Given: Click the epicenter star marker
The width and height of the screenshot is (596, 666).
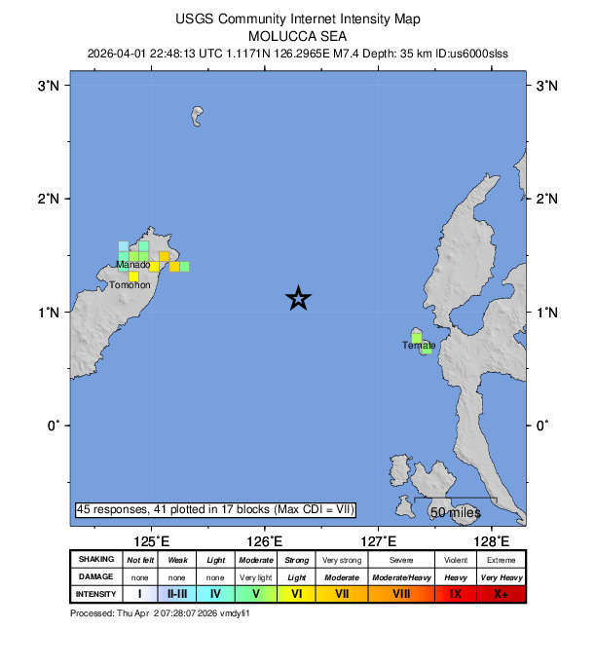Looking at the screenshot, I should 299,299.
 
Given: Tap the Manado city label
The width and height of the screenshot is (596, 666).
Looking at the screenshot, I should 132,265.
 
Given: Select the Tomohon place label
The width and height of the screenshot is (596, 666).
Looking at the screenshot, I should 130,285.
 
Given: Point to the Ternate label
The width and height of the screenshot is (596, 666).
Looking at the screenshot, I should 419,346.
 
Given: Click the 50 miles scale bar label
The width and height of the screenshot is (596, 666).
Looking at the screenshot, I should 456,512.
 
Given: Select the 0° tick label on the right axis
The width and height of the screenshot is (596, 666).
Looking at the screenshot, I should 543,425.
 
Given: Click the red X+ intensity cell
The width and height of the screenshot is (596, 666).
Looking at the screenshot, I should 502,593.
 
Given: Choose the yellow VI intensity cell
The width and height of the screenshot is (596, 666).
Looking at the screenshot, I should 296,593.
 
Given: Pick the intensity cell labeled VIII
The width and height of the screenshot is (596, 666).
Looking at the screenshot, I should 401,593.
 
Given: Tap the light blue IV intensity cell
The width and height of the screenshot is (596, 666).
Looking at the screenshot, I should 215,593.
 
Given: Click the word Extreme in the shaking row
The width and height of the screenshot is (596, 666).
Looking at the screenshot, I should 502,560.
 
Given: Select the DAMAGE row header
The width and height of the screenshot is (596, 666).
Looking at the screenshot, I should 95,576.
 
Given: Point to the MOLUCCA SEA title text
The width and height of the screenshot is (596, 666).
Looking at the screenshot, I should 298,33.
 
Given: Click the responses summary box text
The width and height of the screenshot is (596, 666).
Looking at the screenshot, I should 215,509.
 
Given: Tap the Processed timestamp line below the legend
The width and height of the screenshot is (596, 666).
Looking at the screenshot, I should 161,613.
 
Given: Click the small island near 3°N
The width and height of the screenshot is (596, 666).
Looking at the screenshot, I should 199,117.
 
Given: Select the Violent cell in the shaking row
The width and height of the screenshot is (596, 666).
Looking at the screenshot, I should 455,560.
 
